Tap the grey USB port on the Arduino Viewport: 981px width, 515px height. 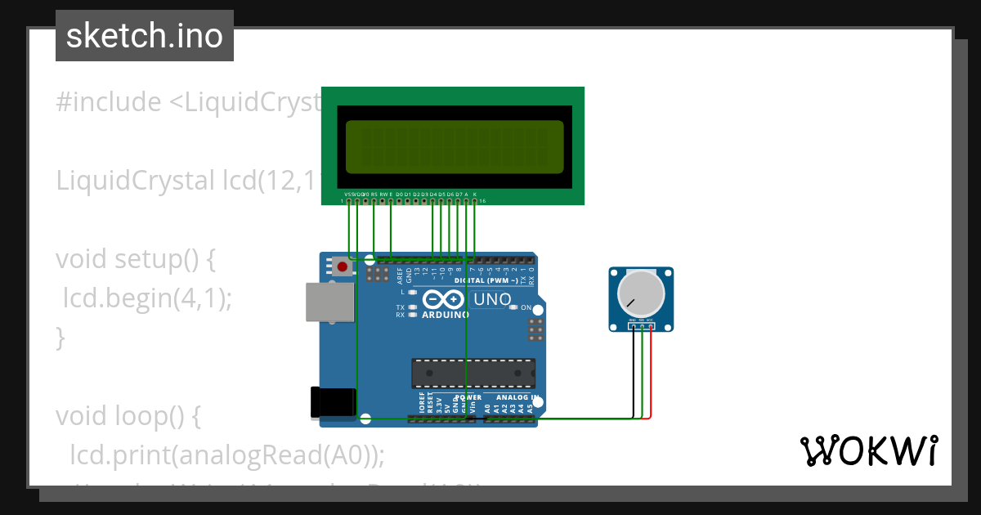pyautogui.click(x=330, y=302)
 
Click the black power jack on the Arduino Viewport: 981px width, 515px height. pyautogui.click(x=333, y=402)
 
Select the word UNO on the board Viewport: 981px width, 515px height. pyautogui.click(x=492, y=300)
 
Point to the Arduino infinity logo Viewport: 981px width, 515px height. pyautogui.click(x=445, y=299)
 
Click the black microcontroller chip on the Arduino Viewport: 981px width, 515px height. pyautogui.click(x=473, y=373)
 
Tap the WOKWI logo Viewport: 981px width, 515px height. pyautogui.click(x=868, y=450)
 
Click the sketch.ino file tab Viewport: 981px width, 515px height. pyautogui.click(x=145, y=36)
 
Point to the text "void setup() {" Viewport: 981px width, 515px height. pyautogui.click(x=135, y=259)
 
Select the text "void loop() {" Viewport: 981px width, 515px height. pyautogui.click(x=128, y=416)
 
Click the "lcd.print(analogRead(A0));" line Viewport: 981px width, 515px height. pyautogui.click(x=227, y=454)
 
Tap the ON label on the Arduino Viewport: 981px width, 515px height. pyautogui.click(x=526, y=307)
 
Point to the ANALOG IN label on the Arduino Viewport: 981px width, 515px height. pyautogui.click(x=513, y=397)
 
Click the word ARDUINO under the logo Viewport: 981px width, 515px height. pyautogui.click(x=446, y=314)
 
